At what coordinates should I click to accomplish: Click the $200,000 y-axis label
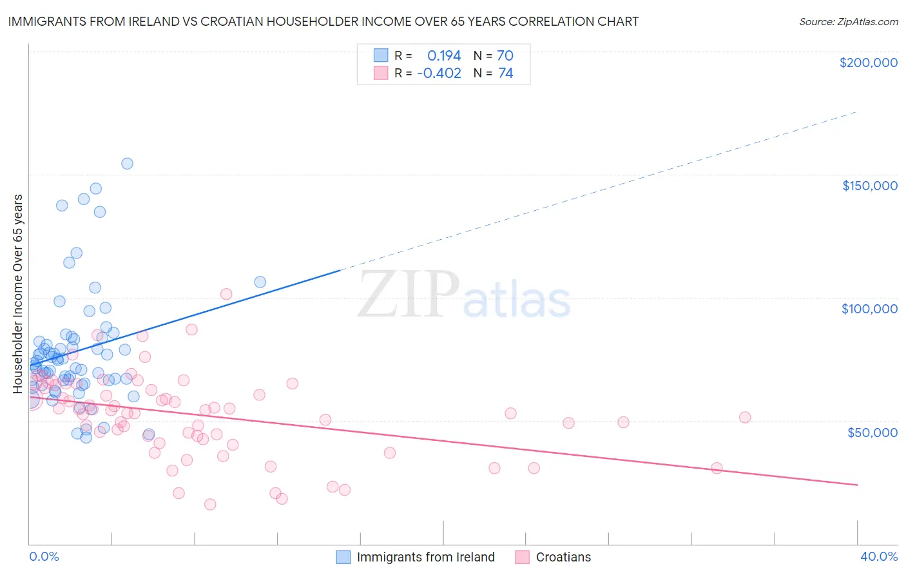[868, 63]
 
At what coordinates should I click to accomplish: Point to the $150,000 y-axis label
[869, 186]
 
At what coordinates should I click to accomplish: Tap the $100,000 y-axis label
[869, 309]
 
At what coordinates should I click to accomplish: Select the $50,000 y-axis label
[872, 432]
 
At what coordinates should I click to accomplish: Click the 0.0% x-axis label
[44, 556]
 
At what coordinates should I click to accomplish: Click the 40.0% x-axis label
[878, 556]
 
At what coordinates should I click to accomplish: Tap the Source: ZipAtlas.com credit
[848, 21]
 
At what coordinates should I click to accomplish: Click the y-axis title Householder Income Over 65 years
[18, 293]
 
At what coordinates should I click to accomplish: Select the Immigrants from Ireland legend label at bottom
[425, 557]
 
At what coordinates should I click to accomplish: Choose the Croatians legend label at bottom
[563, 557]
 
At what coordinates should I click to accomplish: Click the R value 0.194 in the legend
[444, 55]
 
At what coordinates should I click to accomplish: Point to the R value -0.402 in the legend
[439, 73]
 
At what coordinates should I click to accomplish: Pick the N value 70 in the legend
[505, 55]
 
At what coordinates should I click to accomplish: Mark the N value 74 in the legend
[505, 73]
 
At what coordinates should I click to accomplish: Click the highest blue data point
[127, 164]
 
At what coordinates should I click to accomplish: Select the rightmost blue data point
[260, 282]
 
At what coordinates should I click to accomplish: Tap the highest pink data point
[226, 294]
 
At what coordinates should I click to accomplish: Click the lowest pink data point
[209, 504]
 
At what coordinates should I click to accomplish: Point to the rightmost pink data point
[744, 417]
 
